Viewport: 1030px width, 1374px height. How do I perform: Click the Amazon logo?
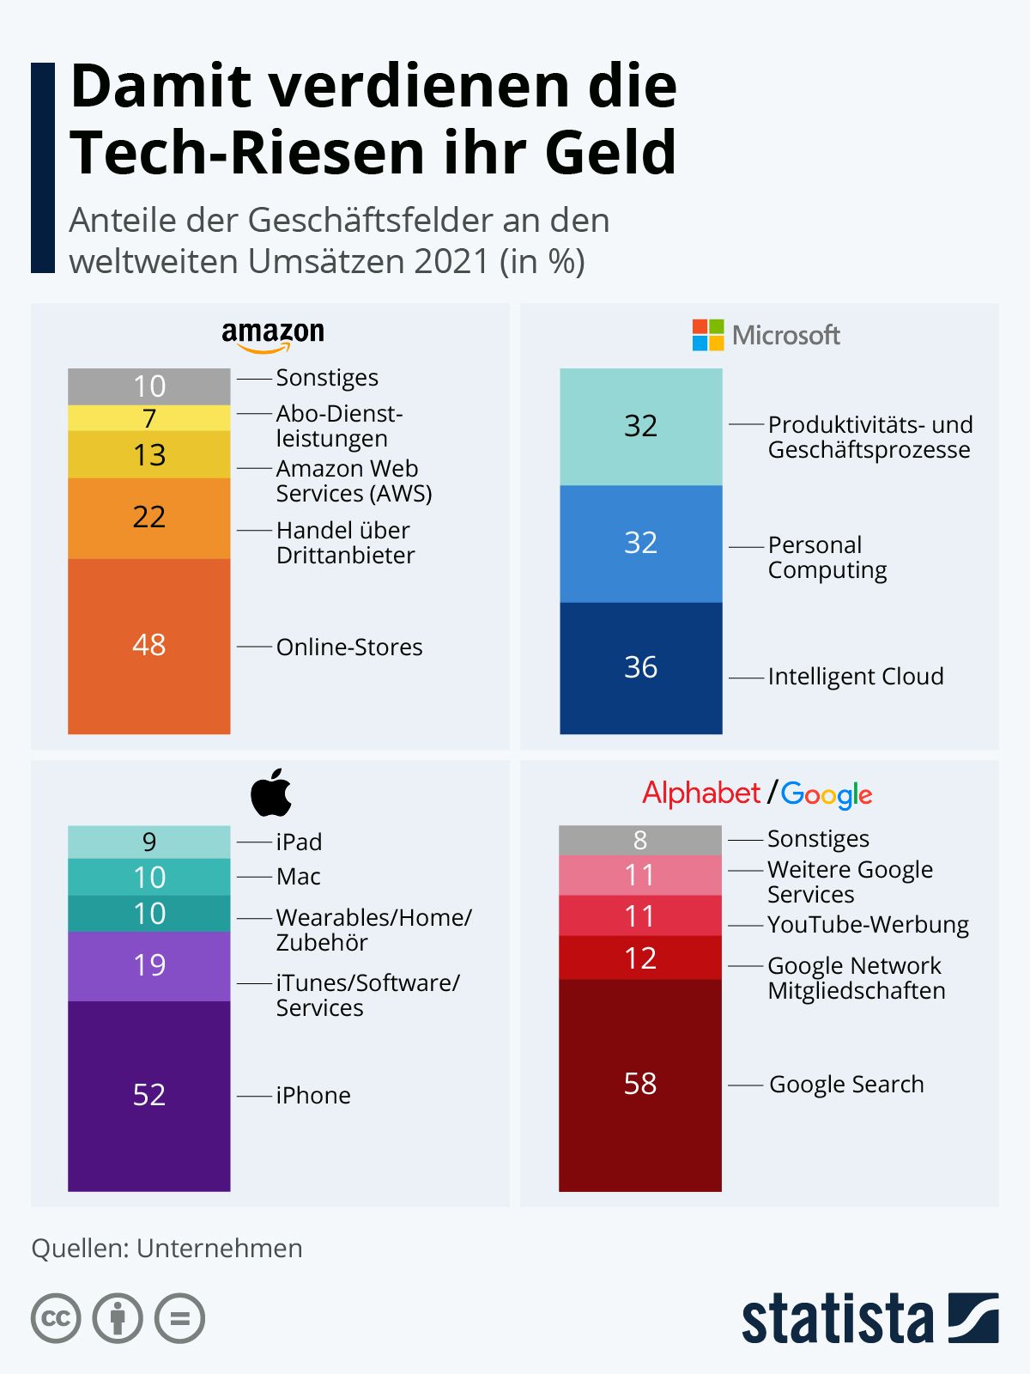click(273, 337)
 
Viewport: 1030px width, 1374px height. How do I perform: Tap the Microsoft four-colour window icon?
click(708, 335)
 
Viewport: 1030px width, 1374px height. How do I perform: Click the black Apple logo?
click(271, 793)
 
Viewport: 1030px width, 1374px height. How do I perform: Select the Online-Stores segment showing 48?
click(148, 646)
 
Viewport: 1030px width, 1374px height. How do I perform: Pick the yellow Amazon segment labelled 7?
click(148, 418)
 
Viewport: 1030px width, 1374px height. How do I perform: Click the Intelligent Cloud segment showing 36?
click(641, 668)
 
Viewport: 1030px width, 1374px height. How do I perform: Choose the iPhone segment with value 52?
click(148, 1096)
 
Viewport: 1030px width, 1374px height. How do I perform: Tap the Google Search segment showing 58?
click(639, 1085)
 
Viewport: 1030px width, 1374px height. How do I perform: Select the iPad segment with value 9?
click(148, 842)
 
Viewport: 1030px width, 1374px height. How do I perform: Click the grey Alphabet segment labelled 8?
click(639, 840)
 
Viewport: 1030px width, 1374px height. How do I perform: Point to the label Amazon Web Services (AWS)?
click(354, 481)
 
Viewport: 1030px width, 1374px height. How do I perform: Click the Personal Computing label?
click(827, 557)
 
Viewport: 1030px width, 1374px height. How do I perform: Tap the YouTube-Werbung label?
click(868, 925)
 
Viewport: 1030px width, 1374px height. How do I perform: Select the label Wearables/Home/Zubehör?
click(374, 929)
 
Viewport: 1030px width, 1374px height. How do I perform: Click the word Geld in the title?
click(610, 153)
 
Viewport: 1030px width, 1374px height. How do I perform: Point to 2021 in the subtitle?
click(451, 261)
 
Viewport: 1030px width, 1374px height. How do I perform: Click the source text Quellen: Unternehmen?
click(167, 1248)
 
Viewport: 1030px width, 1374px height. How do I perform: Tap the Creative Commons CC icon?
click(56, 1317)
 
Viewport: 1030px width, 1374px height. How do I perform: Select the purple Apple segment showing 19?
click(148, 966)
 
